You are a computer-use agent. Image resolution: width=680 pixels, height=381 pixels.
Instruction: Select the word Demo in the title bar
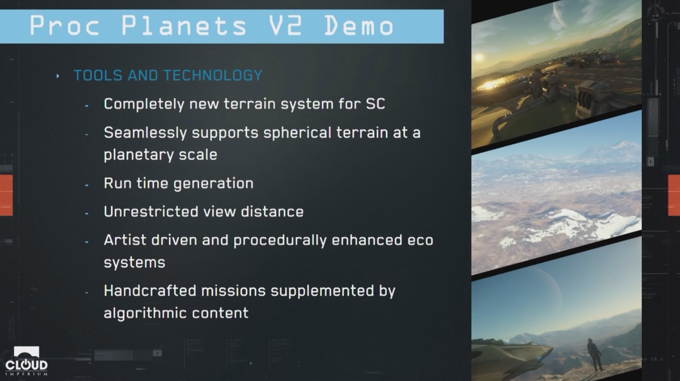[x=359, y=26]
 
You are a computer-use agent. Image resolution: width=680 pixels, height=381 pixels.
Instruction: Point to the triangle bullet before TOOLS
[x=58, y=76]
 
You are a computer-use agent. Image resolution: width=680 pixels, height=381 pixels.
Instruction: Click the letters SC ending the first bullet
[x=375, y=104]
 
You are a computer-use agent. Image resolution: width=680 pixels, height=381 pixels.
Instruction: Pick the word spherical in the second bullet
[x=297, y=133]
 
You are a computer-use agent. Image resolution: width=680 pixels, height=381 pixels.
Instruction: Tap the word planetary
[x=139, y=155]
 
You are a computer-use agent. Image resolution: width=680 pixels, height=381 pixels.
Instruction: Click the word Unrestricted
[x=151, y=211]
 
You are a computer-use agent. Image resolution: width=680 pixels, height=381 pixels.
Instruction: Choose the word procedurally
[x=280, y=241]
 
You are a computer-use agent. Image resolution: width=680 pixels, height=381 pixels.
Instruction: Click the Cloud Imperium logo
[x=26, y=361]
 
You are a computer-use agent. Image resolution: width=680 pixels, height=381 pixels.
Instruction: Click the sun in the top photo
[x=478, y=57]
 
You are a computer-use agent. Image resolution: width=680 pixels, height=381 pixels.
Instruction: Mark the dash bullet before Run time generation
[x=87, y=185]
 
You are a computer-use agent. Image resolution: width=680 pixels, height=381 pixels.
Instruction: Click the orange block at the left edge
[x=6, y=195]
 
